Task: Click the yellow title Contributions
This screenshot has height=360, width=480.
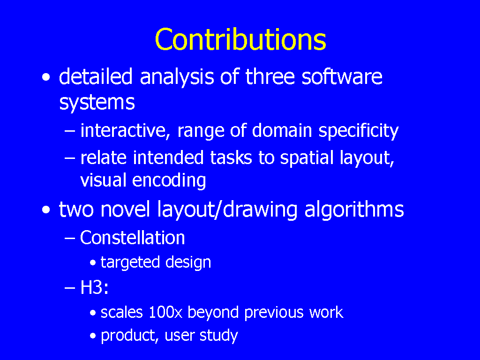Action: (240, 39)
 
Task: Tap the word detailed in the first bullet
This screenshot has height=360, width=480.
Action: (96, 76)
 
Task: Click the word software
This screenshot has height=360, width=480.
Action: (342, 76)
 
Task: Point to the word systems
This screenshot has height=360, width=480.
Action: (97, 103)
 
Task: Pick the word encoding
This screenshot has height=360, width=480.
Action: (169, 180)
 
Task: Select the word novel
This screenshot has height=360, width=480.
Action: (125, 210)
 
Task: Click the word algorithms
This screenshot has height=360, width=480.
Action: (354, 210)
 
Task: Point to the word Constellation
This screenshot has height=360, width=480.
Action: (133, 238)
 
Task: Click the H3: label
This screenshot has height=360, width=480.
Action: (94, 287)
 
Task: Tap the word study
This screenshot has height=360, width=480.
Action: (218, 336)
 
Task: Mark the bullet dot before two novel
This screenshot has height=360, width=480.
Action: (46, 210)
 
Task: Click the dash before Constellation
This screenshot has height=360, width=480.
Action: (70, 238)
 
